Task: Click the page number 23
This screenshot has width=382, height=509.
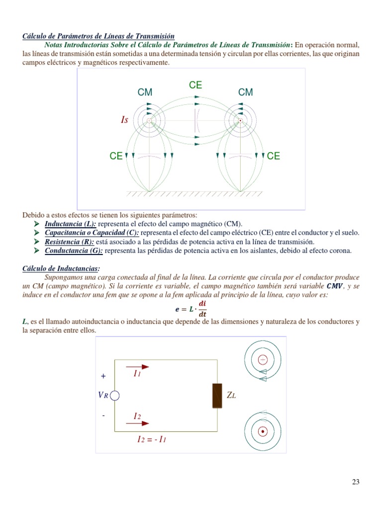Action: click(x=355, y=482)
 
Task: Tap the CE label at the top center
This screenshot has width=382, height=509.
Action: click(x=195, y=85)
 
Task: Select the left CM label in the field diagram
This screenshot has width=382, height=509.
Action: click(x=145, y=92)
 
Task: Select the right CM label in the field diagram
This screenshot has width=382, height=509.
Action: click(x=245, y=92)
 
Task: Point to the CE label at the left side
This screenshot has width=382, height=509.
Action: click(x=116, y=156)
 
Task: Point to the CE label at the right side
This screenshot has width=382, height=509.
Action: click(x=274, y=156)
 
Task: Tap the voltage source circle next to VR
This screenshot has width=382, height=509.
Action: click(x=115, y=396)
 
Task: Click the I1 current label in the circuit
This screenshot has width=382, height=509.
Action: click(x=137, y=373)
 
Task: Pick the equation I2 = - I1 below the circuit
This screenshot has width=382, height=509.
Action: click(x=151, y=439)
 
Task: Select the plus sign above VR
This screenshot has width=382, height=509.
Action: click(x=103, y=377)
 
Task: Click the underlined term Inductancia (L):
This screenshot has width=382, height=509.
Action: click(x=71, y=224)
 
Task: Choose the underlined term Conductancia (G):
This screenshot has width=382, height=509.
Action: click(x=74, y=251)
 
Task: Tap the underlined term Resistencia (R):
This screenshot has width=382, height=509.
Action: click(x=69, y=242)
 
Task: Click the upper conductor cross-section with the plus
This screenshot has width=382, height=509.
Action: click(x=263, y=359)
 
